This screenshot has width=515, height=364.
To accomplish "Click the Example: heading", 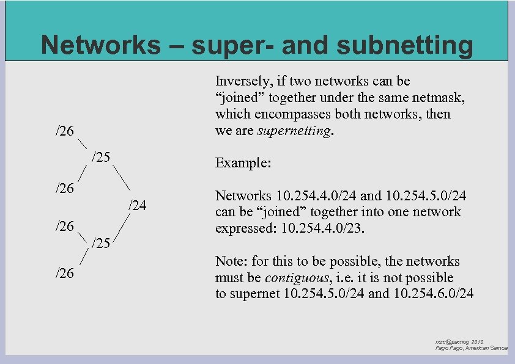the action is coord(243,164).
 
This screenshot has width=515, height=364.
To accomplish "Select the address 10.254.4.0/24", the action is coord(316,196).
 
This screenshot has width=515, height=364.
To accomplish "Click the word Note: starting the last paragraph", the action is coord(232,261).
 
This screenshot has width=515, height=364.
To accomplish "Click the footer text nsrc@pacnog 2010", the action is coord(459,342).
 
